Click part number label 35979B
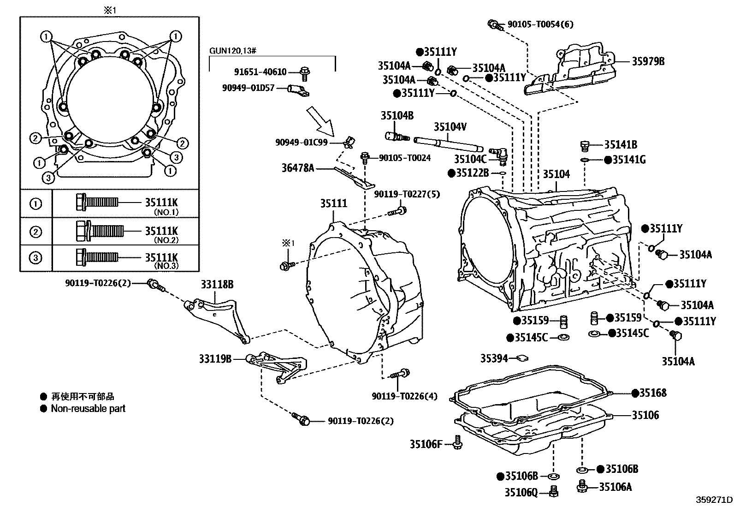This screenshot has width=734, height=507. pos(648,61)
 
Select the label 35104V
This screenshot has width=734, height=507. pos(450,126)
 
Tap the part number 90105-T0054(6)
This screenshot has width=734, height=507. pos(540,24)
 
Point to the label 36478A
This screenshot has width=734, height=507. pos(298,168)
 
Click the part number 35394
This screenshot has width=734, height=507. pos(494,358)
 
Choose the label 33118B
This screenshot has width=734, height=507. pos(217,284)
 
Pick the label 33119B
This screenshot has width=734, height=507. pos(215,359)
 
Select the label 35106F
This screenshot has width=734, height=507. pos(426,444)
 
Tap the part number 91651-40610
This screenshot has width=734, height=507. pos(260,72)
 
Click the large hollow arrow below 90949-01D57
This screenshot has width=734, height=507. pos(320,122)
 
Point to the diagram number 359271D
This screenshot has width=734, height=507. pos(714,500)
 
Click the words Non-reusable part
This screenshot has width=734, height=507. pos(88,409)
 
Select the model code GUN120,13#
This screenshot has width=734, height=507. pos(233,51)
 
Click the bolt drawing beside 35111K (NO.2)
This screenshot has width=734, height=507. pos(100,231)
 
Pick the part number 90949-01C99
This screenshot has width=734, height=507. pos(302,143)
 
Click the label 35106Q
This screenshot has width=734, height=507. pos(521,492)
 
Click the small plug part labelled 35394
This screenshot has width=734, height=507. pos(522,358)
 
